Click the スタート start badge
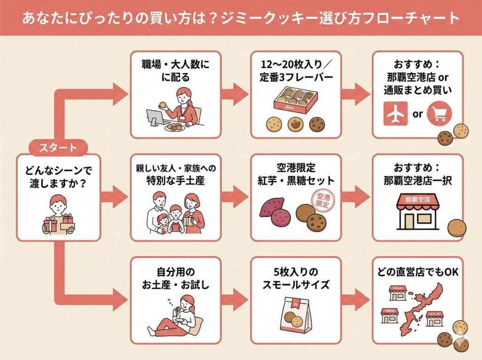pos(58,148)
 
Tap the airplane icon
pos(395,114)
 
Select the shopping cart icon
pos(439,114)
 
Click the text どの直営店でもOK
pos(418,272)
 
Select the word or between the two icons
pos(418,114)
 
